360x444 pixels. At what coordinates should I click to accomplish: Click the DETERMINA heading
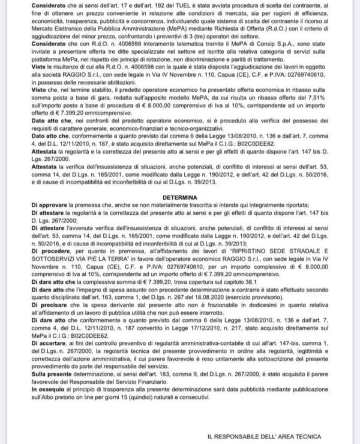click(x=179, y=196)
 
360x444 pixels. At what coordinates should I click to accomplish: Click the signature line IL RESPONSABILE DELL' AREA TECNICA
click(x=264, y=436)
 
